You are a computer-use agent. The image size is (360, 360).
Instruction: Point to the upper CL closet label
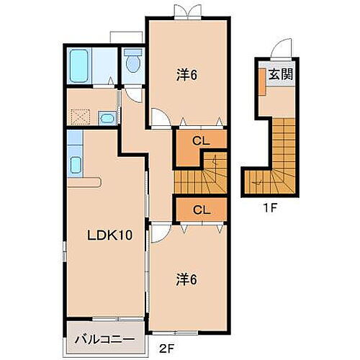(202, 141)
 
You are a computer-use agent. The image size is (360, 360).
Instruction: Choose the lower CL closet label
(202, 210)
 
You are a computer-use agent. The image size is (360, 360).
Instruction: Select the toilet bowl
(132, 64)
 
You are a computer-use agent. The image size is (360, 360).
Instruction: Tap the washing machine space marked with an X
(78, 115)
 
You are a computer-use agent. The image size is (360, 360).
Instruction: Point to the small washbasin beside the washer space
(106, 118)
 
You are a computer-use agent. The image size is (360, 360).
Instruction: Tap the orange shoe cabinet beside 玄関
(260, 84)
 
